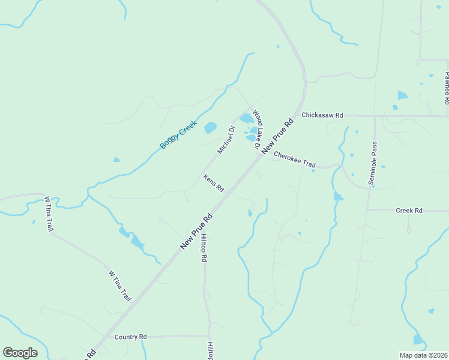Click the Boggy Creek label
(x=178, y=135)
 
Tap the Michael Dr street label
(x=225, y=139)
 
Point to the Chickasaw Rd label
(x=322, y=115)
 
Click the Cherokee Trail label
(x=294, y=160)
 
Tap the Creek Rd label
(x=409, y=211)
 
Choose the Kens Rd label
(x=213, y=183)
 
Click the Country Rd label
(x=130, y=337)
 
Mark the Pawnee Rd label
(x=447, y=88)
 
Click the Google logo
(x=20, y=353)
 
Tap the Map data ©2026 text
(x=423, y=355)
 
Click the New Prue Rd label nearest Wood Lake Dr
(x=279, y=133)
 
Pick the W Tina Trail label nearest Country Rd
(x=119, y=286)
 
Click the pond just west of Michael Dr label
(x=210, y=128)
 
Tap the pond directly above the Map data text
(x=418, y=340)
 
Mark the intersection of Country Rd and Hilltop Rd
(x=209, y=336)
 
